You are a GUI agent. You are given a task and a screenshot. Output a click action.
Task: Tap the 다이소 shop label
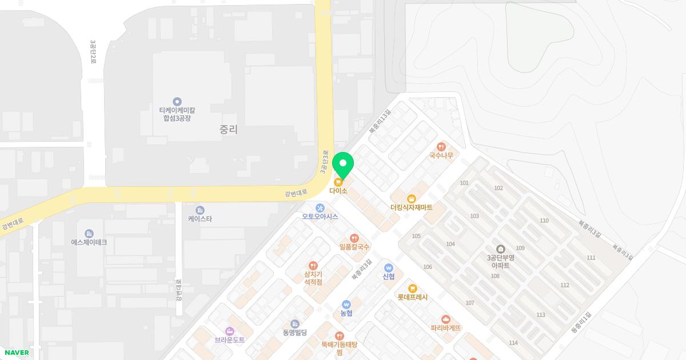(338, 191)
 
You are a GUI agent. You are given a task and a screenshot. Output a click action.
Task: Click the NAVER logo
(17, 353)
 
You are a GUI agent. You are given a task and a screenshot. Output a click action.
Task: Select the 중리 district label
(228, 130)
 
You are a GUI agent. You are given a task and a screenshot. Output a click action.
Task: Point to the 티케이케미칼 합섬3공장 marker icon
(177, 102)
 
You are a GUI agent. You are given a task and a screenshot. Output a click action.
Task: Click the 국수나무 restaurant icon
(441, 147)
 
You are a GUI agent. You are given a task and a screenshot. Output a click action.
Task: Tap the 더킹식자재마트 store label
(412, 207)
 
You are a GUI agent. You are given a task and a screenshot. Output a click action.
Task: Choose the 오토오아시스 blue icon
(320, 207)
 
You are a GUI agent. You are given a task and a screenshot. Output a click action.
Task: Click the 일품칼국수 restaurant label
(354, 247)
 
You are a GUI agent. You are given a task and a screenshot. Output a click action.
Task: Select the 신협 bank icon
(389, 267)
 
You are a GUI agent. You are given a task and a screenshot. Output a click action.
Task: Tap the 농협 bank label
(346, 313)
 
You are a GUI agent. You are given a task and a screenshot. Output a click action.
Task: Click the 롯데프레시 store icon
(412, 289)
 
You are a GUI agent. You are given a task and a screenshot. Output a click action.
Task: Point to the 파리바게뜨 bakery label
(446, 328)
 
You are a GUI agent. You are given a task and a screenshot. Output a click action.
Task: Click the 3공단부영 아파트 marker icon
(501, 249)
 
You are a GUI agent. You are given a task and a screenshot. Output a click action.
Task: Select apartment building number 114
(513, 343)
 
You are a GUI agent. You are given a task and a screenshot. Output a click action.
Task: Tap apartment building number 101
(464, 183)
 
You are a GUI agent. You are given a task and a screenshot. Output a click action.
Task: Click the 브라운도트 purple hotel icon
(230, 331)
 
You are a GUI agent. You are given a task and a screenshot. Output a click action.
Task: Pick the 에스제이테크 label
(89, 242)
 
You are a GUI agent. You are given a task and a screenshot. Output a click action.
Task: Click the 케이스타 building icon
(200, 210)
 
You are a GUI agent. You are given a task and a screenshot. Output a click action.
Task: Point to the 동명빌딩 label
(295, 333)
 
